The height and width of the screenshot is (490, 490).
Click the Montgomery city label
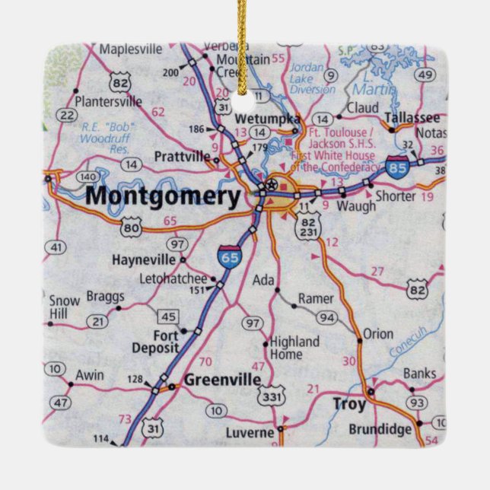(162, 196)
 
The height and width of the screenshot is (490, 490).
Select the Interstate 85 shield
(396, 167)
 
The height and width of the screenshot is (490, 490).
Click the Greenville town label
(217, 381)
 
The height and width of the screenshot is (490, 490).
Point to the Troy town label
(349, 404)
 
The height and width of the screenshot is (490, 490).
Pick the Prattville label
(182, 157)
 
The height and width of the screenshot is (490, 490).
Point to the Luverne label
(249, 433)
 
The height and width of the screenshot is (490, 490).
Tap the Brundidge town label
(380, 429)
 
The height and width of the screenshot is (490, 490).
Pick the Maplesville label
(132, 49)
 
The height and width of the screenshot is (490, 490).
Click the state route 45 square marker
(167, 316)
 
